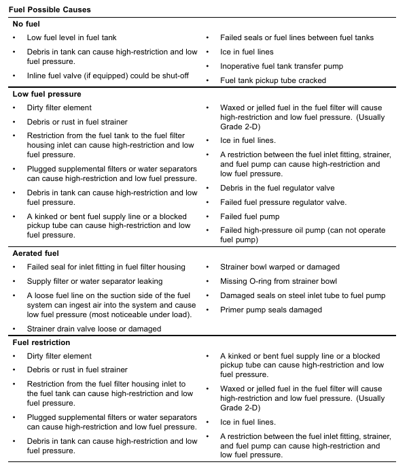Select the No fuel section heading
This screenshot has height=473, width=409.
coord(26,24)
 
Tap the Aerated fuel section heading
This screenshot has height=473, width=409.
coord(37,253)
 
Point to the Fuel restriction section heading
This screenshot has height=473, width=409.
coord(42,342)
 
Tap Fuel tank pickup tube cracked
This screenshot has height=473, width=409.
coord(273,80)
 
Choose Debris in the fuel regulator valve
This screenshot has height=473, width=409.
coord(277,188)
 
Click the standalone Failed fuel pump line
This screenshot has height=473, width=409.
coord(250,216)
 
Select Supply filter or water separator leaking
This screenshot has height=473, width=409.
coord(94,281)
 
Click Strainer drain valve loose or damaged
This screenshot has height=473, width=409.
coord(94,329)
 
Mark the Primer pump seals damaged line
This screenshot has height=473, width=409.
coord(271,310)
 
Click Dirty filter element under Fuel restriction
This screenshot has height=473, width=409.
coord(59,356)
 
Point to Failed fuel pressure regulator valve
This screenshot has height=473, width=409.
coord(283,202)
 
